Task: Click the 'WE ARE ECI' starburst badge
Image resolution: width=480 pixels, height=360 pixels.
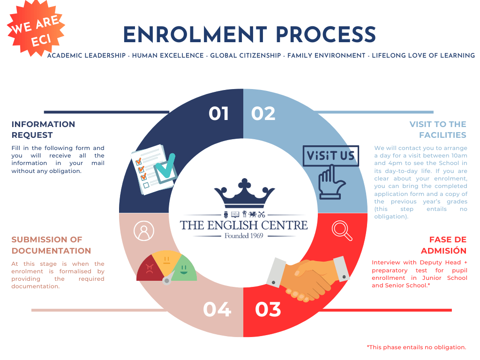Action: [x=36, y=29]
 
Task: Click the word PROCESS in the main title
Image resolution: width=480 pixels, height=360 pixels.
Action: [x=326, y=34]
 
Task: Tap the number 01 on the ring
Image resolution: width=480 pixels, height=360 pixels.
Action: [x=218, y=113]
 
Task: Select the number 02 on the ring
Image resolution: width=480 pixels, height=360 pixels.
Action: [x=263, y=113]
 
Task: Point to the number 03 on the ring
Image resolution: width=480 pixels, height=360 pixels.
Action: [x=268, y=309]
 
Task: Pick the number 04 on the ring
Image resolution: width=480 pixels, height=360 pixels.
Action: [x=217, y=309]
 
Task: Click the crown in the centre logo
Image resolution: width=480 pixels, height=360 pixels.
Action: [x=244, y=193]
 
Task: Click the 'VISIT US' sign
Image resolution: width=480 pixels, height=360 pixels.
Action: [x=330, y=156]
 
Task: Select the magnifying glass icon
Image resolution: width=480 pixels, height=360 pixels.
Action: [x=342, y=231]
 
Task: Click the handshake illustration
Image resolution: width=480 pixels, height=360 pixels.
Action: [x=308, y=277]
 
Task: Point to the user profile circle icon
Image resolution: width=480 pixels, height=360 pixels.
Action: [x=144, y=231]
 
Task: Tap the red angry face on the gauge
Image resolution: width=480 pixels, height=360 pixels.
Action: [x=150, y=269]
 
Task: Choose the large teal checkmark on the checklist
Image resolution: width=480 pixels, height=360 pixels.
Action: [x=165, y=167]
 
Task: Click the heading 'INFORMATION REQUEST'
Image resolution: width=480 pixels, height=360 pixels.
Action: [x=43, y=129]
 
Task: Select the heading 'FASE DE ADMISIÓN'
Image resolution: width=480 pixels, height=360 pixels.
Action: [x=443, y=245]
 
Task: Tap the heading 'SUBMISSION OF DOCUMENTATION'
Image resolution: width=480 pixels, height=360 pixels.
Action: [x=51, y=245]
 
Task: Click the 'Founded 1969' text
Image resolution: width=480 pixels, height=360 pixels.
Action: [x=244, y=236]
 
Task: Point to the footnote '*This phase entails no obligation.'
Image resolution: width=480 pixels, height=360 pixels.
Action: [x=416, y=347]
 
